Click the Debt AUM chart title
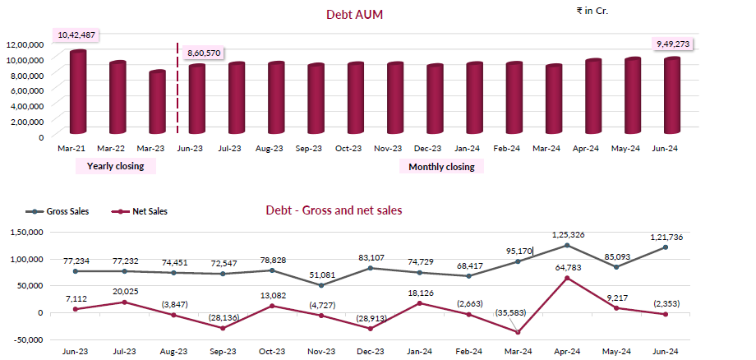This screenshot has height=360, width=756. tap(355, 14)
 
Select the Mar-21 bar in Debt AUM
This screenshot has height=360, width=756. tap(78, 92)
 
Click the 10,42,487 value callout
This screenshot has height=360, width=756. tap(74, 35)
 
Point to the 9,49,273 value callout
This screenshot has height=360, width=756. tap(672, 43)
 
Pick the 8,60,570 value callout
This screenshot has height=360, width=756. tap(204, 53)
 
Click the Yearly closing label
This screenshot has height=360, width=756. tap(115, 166)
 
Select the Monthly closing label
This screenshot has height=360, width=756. tap(441, 166)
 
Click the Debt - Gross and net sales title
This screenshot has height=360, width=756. tap(334, 210)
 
